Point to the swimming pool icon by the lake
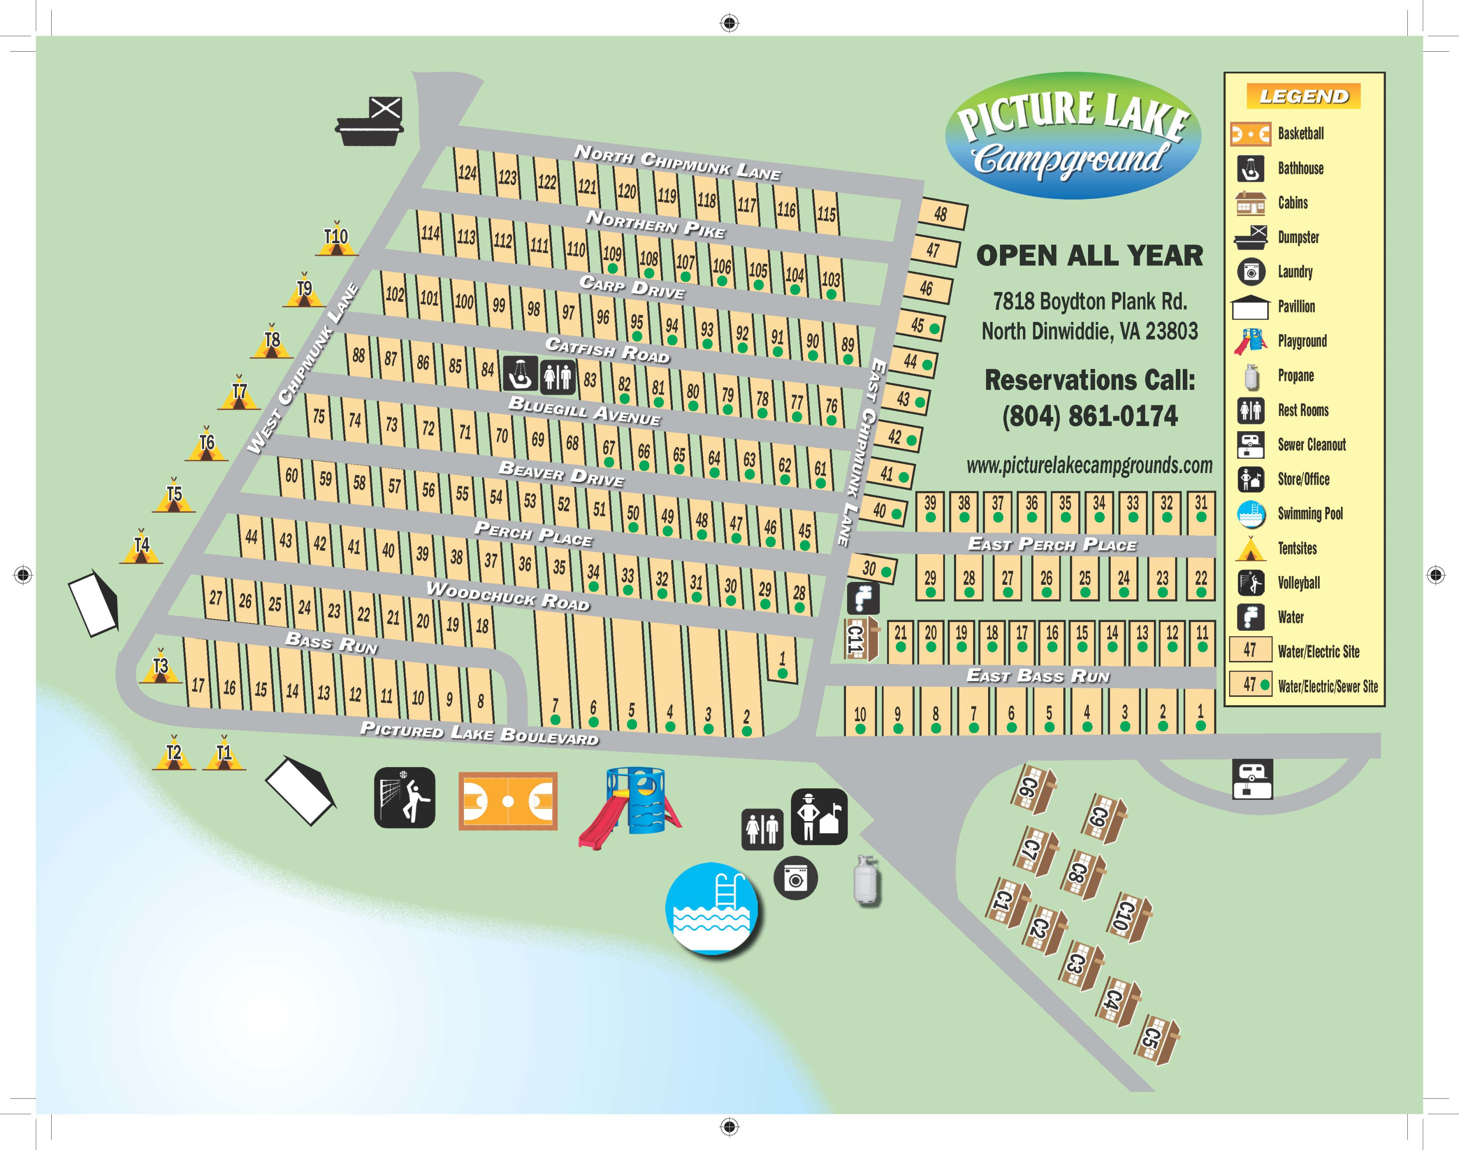pyautogui.click(x=711, y=908)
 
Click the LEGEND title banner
pyautogui.click(x=1303, y=96)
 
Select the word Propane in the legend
pyautogui.click(x=1295, y=376)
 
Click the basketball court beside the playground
pyautogui.click(x=508, y=801)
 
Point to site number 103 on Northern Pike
pyautogui.click(x=831, y=279)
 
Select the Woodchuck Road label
pyautogui.click(x=508, y=596)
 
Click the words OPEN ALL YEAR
pyautogui.click(x=1089, y=256)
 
